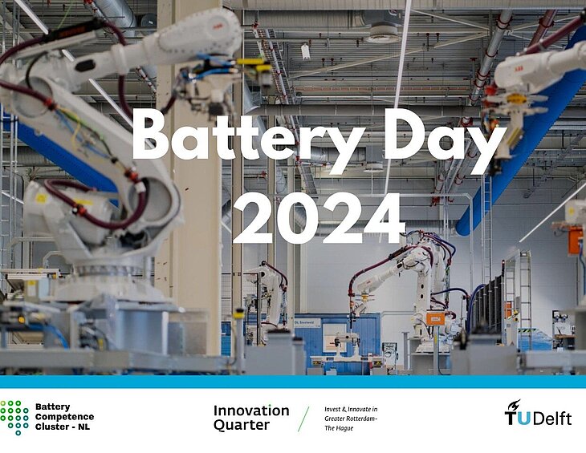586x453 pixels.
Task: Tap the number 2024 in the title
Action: tap(319, 218)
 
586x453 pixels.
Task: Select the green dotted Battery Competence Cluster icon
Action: tap(14, 418)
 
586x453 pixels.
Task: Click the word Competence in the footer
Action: tap(64, 417)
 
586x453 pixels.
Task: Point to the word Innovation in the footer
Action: tap(251, 411)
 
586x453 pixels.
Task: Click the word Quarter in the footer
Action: tap(242, 425)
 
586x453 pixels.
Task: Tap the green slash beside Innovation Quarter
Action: tap(303, 419)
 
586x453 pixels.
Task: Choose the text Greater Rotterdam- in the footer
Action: tap(351, 419)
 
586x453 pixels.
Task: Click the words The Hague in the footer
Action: tap(339, 428)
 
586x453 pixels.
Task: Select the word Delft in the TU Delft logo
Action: tap(552, 419)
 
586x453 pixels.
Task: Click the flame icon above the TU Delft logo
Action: tap(514, 405)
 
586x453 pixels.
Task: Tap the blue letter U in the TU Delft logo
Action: tap(523, 419)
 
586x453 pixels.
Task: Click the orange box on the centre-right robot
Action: tap(435, 318)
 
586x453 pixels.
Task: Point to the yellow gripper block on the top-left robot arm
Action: tap(255, 65)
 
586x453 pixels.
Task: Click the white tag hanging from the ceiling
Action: tap(306, 51)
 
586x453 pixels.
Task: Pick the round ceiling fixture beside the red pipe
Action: tap(384, 33)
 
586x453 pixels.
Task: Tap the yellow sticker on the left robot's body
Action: tap(41, 198)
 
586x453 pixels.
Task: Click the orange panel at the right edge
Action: tap(576, 241)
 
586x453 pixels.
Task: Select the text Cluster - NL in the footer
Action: tap(63, 427)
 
